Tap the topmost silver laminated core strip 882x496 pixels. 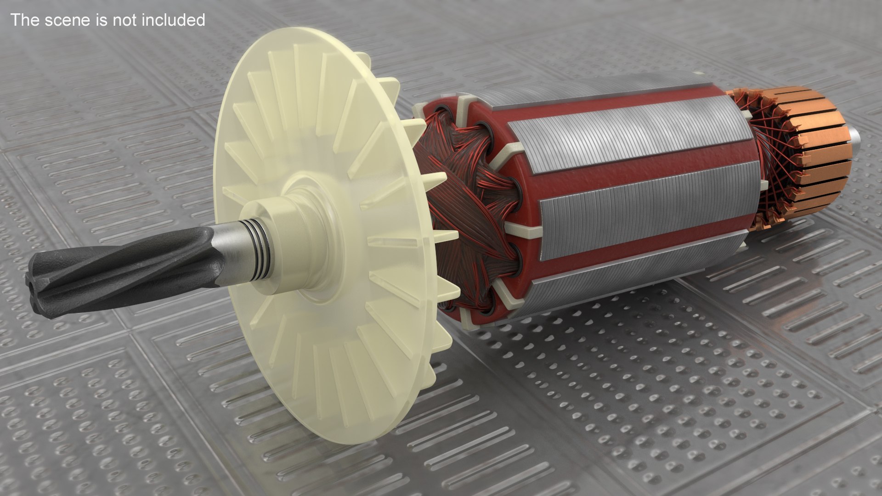pyautogui.click(x=639, y=133)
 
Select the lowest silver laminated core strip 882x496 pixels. pyautogui.click(x=643, y=276)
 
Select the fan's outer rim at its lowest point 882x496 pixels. pyautogui.click(x=331, y=443)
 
